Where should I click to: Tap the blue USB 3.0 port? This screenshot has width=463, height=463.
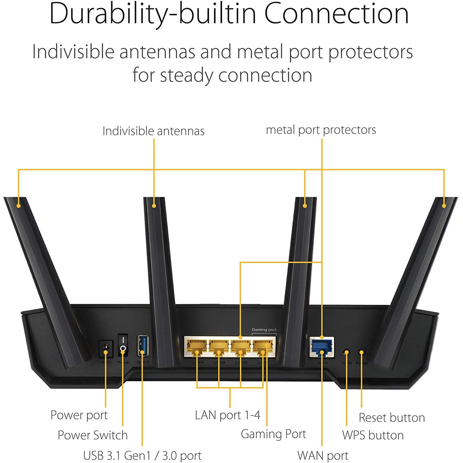[142, 346]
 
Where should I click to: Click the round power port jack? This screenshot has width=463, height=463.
[106, 348]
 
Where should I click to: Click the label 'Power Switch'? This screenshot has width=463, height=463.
[93, 435]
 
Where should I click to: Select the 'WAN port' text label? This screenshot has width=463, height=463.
[323, 455]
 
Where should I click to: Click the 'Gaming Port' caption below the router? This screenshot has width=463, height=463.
[273, 435]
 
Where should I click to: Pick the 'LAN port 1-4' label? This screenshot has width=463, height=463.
[227, 415]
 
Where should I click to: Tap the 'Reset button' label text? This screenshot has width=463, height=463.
[392, 417]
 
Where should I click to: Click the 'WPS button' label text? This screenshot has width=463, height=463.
[373, 435]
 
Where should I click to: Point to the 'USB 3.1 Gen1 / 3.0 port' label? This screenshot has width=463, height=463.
[142, 455]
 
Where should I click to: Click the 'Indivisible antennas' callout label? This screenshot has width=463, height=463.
[153, 131]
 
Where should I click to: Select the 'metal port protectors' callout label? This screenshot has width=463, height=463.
[321, 130]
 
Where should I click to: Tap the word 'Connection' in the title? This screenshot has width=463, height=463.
[337, 14]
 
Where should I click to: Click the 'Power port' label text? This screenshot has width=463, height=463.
[79, 415]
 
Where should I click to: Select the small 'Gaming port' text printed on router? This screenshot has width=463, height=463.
[264, 331]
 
